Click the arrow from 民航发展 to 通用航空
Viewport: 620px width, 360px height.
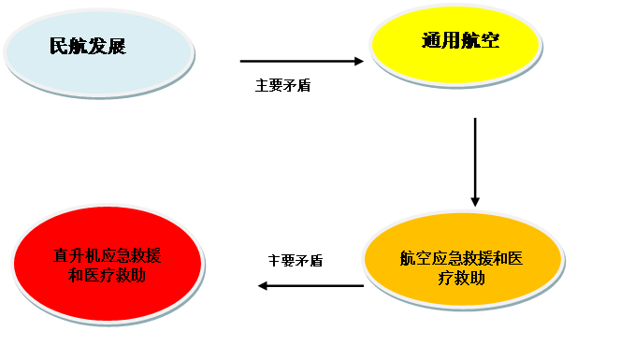tap(301, 62)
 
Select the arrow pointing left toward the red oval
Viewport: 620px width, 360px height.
tap(310, 286)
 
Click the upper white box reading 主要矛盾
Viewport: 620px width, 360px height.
tap(293, 91)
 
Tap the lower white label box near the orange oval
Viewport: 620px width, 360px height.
tap(296, 260)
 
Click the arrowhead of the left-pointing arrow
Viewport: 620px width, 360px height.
tap(264, 286)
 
